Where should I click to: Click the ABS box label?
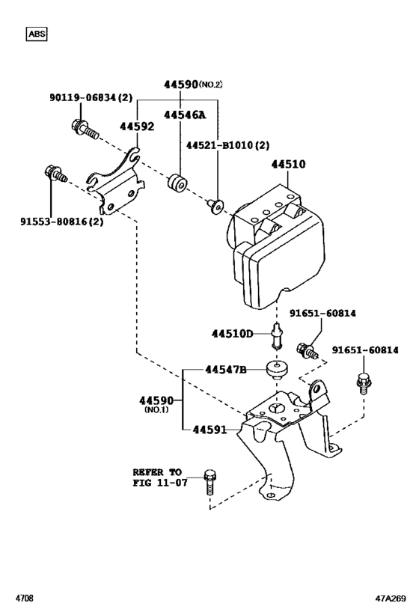(x=36, y=34)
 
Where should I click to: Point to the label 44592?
(x=137, y=126)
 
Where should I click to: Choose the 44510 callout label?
(x=289, y=163)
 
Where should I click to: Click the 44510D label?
(x=232, y=333)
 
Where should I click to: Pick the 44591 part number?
(x=215, y=430)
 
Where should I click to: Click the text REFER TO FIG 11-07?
(x=157, y=478)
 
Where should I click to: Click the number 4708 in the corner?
(x=25, y=599)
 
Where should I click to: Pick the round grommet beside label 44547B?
(x=278, y=370)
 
